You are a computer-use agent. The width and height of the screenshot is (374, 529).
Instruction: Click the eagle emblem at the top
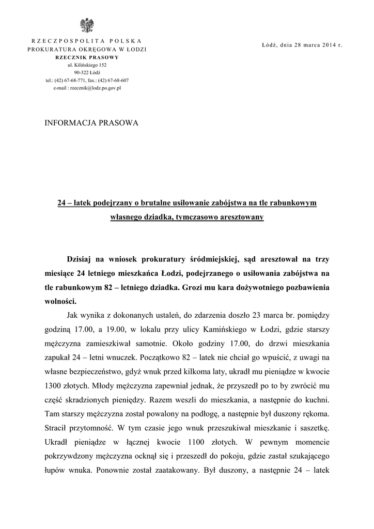pyautogui.click(x=86, y=25)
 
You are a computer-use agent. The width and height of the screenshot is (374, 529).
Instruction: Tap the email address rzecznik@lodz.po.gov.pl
pyautogui.click(x=98, y=88)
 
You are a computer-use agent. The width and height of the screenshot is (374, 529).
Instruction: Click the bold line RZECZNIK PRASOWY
pyautogui.click(x=87, y=57)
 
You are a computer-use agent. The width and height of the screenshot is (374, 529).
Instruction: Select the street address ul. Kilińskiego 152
pyautogui.click(x=87, y=65)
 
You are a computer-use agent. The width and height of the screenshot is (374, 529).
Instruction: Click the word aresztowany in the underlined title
pyautogui.click(x=241, y=217)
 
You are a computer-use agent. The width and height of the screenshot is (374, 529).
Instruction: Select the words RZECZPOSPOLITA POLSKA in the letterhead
pyautogui.click(x=87, y=41)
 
